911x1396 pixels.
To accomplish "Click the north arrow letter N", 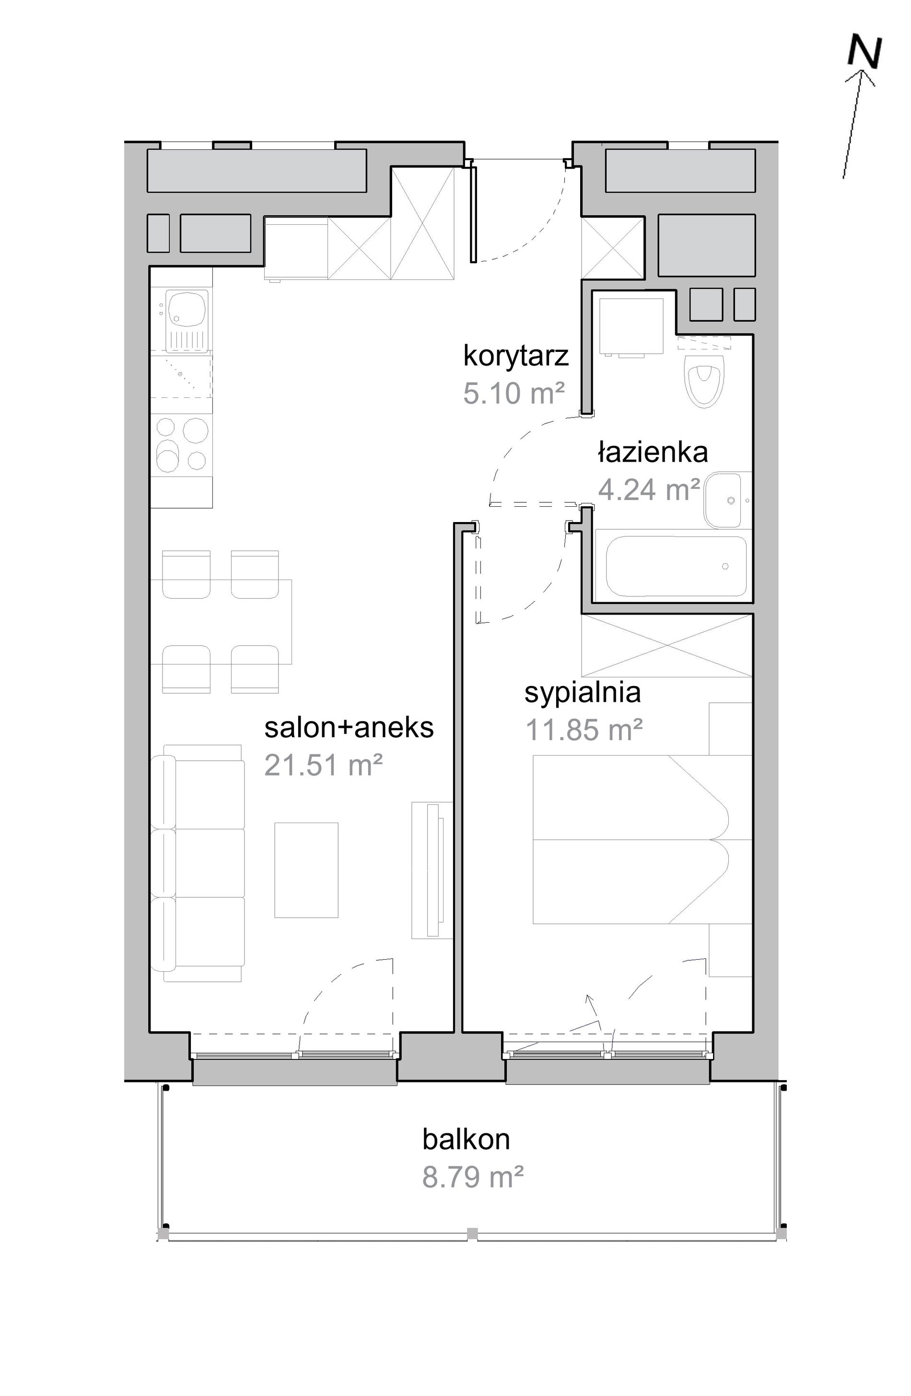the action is click(x=864, y=53).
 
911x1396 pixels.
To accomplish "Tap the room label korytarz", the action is click(x=515, y=356).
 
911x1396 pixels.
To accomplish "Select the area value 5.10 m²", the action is click(x=514, y=393).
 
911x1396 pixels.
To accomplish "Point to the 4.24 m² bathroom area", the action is click(x=649, y=489).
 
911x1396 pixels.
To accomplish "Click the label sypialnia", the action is click(x=583, y=693).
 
